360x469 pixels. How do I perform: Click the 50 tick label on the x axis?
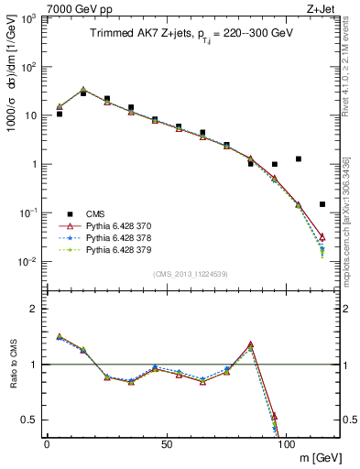[166, 444]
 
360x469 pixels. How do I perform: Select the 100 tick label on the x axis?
[286, 444]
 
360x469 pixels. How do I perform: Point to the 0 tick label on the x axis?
[47, 444]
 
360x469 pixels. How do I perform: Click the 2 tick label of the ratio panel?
[32, 309]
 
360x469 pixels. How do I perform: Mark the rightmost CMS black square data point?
[322, 204]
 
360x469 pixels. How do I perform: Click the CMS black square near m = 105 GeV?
[299, 158]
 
